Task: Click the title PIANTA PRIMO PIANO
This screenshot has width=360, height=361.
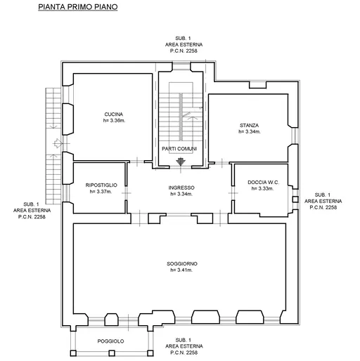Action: tap(78, 7)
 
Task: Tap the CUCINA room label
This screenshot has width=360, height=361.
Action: tap(114, 114)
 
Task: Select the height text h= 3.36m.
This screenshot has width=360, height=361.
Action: tap(114, 121)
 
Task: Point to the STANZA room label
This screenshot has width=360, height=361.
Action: tap(249, 126)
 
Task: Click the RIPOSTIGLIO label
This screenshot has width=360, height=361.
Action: tap(101, 185)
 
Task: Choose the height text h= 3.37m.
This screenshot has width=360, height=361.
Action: tap(101, 192)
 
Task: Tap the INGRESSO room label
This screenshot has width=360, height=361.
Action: tap(181, 188)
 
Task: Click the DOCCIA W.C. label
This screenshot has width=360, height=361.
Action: tap(263, 182)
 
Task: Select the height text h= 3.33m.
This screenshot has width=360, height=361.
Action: tap(262, 188)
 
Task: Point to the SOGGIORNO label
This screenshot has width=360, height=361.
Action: tap(182, 263)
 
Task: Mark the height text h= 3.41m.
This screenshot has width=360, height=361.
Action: tap(181, 270)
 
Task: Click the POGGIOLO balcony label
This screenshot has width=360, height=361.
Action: tap(110, 341)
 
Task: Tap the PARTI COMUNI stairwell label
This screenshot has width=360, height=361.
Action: tap(179, 149)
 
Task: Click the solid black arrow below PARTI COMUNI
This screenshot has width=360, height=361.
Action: tap(181, 162)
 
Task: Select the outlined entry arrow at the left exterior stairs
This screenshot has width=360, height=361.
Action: tap(58, 143)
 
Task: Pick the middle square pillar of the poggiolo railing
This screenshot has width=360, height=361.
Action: tap(112, 353)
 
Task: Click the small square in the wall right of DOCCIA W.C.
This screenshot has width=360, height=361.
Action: tap(295, 199)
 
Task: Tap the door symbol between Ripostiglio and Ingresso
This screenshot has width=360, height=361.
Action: tap(127, 193)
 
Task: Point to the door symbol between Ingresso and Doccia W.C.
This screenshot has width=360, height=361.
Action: tap(233, 193)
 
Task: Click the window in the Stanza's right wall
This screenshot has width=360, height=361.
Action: tap(295, 136)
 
